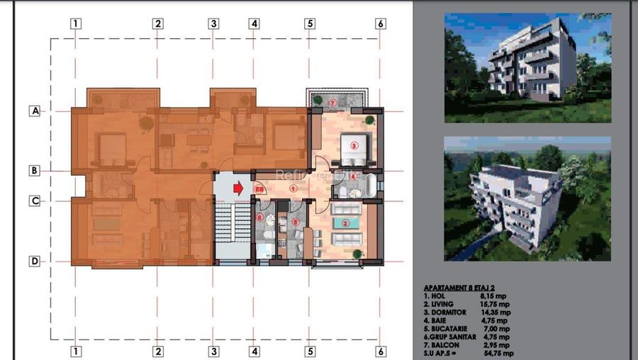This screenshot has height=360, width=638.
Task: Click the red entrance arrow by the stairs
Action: tap(238, 189)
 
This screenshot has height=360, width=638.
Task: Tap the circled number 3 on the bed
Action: tap(356, 145)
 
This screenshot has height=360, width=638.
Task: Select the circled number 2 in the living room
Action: tap(345, 225)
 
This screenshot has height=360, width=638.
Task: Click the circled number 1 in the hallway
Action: tap(293, 189)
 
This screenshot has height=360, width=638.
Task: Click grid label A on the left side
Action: tap(33, 111)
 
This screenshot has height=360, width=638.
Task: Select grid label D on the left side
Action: tap(33, 261)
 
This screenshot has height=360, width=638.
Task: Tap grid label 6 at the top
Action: tap(381, 23)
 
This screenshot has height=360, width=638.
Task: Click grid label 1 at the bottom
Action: tap(76, 351)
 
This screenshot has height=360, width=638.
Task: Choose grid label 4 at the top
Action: tap(254, 23)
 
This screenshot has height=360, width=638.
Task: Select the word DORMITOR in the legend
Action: tap(445, 312)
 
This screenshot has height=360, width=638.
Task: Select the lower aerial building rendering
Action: tap(527, 198)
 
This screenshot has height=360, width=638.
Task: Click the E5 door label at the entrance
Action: tap(259, 189)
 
